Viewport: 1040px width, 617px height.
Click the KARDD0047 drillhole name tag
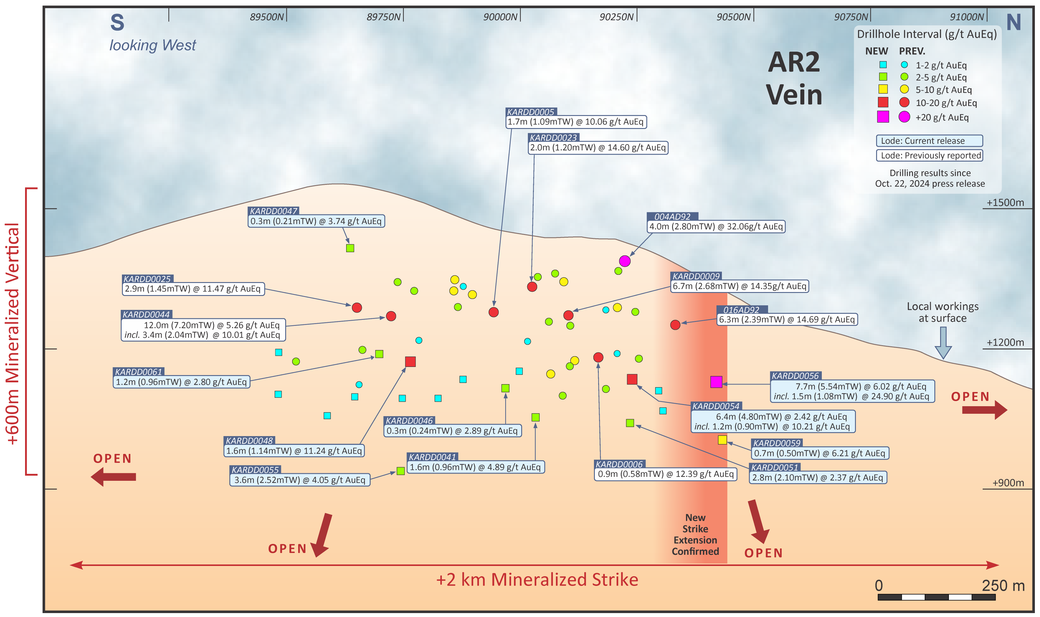point(273,211)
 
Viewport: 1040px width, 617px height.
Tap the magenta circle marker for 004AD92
point(624,261)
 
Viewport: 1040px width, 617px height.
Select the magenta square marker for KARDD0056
point(716,382)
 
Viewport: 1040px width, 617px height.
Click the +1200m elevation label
point(1005,342)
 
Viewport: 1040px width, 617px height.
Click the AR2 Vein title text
point(794,78)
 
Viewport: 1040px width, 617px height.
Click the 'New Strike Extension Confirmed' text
point(695,534)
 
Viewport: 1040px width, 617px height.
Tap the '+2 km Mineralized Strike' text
point(537,580)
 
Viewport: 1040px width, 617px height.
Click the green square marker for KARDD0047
point(350,248)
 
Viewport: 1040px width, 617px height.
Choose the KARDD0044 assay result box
point(203,330)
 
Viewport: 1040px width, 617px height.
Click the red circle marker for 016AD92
point(675,325)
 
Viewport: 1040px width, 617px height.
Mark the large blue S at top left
point(117,23)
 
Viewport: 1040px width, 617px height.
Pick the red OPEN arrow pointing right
point(984,410)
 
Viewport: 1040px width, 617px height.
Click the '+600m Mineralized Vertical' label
point(12,333)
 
